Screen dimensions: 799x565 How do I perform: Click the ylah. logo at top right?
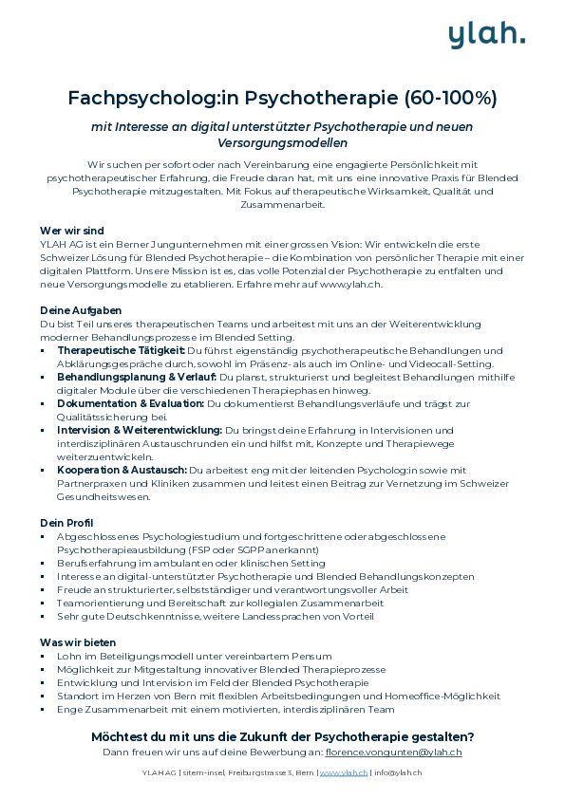(x=487, y=34)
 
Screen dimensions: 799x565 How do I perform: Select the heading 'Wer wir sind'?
(x=71, y=231)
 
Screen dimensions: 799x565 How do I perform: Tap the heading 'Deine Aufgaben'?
(x=80, y=310)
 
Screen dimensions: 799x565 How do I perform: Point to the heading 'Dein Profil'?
(x=66, y=523)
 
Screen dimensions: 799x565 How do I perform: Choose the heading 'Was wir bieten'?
(x=78, y=642)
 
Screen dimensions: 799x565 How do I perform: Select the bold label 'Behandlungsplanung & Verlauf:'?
(x=137, y=377)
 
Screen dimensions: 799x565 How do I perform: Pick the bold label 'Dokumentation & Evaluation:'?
(x=130, y=403)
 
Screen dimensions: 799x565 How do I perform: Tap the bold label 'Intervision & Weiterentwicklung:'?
(x=140, y=430)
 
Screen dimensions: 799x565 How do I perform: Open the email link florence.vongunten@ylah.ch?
(x=393, y=753)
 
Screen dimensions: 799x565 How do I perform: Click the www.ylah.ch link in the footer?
(x=344, y=773)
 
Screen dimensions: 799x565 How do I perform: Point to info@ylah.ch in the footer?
(x=398, y=773)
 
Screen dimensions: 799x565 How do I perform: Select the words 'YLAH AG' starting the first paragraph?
(x=58, y=244)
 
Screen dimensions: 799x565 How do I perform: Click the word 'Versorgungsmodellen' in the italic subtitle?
(x=282, y=143)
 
